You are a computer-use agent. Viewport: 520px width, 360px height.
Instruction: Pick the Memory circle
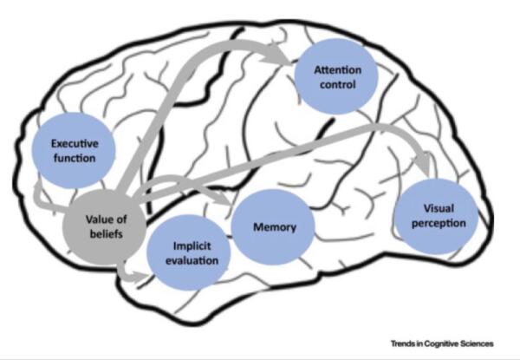tap(275, 228)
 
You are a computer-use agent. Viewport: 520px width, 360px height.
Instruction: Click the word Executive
tap(72, 143)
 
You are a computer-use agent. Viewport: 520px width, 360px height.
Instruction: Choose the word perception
tap(437, 224)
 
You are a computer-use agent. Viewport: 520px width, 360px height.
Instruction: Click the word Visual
tap(437, 208)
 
